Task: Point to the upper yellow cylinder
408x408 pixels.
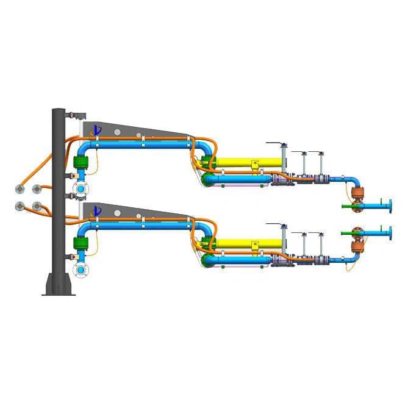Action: (x=248, y=163)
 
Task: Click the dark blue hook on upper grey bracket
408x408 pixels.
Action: (x=95, y=130)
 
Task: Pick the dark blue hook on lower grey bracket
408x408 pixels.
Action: (x=95, y=212)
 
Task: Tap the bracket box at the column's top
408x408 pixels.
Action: (x=77, y=114)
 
